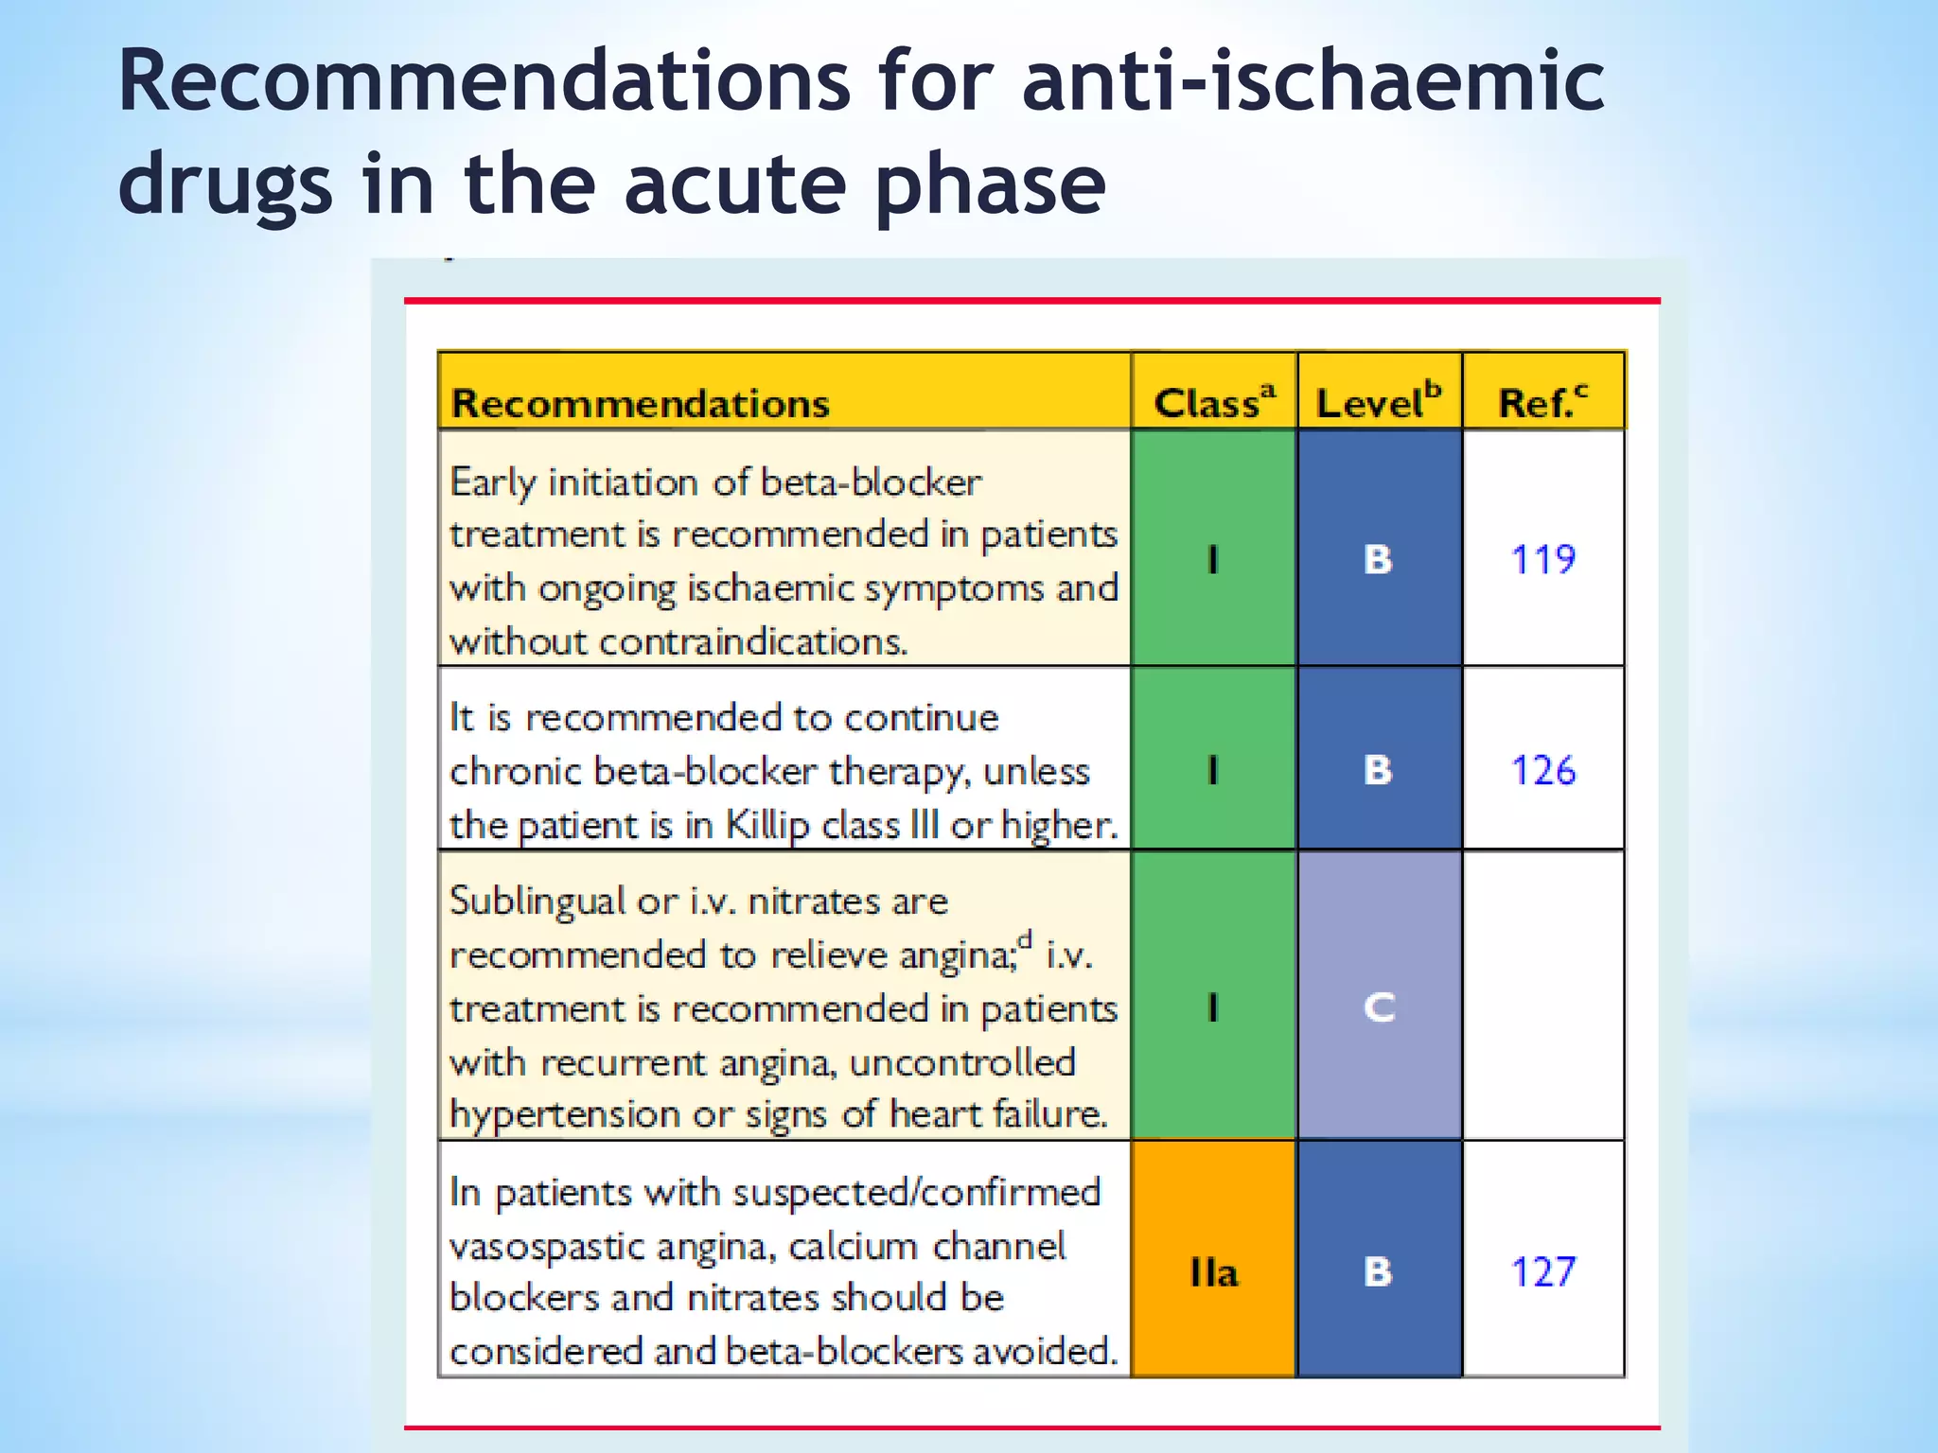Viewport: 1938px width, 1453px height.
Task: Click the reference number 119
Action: point(1542,559)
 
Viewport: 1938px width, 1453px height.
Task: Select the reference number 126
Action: point(1542,770)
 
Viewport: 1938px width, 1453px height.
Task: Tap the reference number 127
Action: point(1542,1271)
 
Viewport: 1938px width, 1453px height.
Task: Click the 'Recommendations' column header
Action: point(641,404)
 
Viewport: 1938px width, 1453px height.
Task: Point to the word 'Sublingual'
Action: point(537,902)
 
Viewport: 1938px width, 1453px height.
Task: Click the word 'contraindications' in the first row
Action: point(753,642)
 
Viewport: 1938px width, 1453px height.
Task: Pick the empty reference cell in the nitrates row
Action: point(1542,995)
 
